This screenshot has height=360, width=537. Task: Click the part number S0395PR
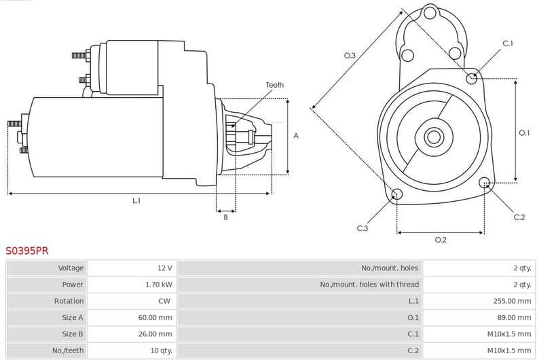click(x=27, y=251)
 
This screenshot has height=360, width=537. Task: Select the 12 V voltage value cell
click(x=164, y=268)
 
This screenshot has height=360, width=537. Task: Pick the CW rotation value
click(x=165, y=301)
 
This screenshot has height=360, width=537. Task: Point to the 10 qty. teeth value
click(x=161, y=350)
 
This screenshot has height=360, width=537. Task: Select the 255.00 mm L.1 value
click(x=512, y=301)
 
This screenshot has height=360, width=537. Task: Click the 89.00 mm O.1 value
click(x=514, y=317)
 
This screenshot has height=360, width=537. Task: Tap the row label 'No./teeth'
click(x=68, y=350)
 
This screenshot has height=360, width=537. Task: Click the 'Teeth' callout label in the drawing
click(x=274, y=85)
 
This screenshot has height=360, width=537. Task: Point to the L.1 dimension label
click(x=136, y=200)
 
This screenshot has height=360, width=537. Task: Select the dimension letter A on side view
click(x=296, y=136)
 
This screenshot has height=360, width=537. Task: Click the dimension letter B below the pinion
click(x=225, y=217)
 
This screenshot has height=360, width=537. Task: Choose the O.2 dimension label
click(x=440, y=240)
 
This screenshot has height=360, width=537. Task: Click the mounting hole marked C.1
click(x=472, y=78)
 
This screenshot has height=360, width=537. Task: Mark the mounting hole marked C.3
click(x=397, y=196)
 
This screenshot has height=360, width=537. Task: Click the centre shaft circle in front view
click(x=434, y=137)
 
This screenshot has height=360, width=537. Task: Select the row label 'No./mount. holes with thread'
click(x=369, y=285)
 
